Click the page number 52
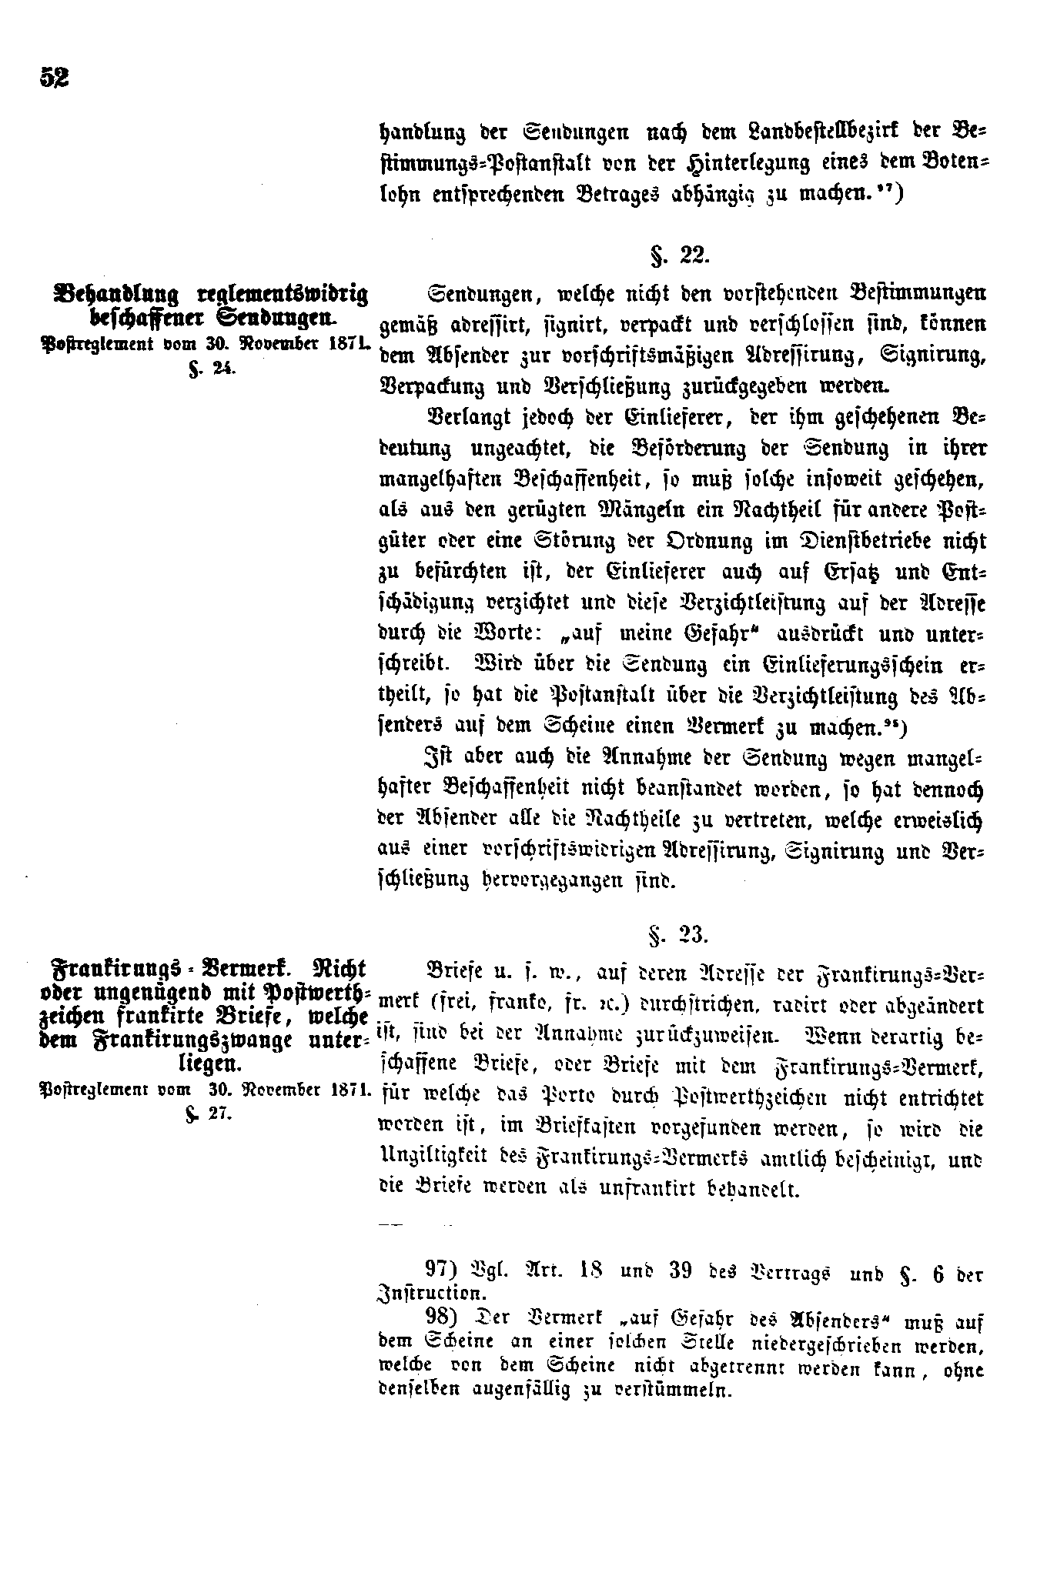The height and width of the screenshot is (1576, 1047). (53, 77)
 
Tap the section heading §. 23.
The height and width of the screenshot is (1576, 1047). (680, 934)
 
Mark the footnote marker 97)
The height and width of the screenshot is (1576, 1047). (444, 1269)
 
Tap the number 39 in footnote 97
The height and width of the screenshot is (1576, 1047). (681, 1269)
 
